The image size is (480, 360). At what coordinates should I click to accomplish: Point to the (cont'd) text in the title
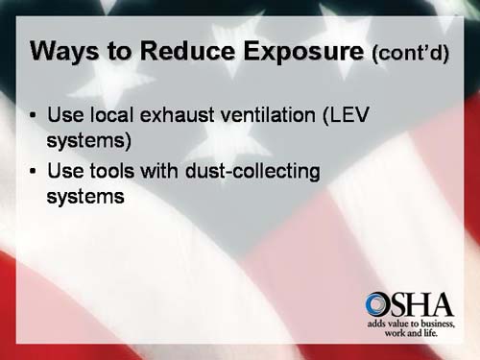[x=409, y=53]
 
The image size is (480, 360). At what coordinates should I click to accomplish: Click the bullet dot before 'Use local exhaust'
[x=35, y=116]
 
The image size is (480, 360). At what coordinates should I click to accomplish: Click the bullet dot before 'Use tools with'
[x=35, y=174]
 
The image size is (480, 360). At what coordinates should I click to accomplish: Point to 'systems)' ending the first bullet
[x=88, y=140]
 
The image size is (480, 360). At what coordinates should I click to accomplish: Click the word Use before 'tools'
[x=64, y=174]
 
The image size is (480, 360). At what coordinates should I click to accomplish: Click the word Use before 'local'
[x=64, y=116]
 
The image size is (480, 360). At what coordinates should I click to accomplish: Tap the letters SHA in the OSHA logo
[x=422, y=305]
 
